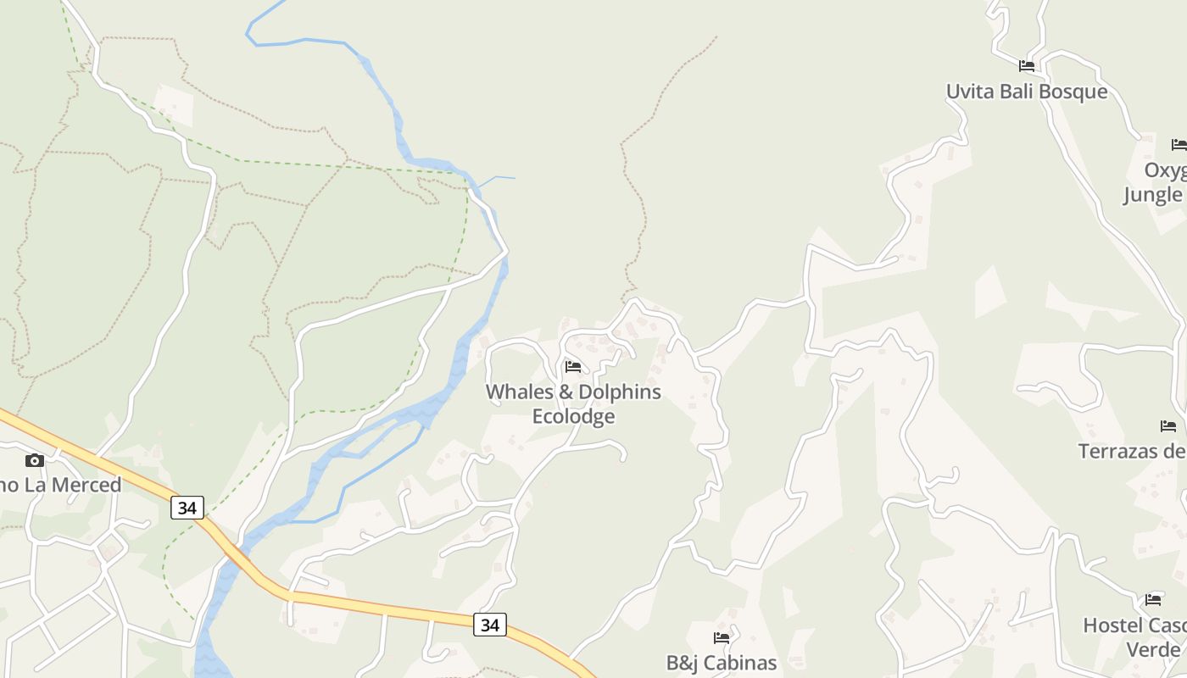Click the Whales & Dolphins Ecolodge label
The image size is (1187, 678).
click(573, 404)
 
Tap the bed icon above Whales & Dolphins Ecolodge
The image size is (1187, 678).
click(573, 367)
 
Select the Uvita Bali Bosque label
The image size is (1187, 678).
click(1027, 92)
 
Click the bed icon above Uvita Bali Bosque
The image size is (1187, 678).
click(1027, 66)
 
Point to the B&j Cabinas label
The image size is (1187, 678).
click(722, 663)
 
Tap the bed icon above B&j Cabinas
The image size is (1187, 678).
click(722, 637)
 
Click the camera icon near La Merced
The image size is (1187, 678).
click(35, 460)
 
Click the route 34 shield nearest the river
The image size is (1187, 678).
click(187, 508)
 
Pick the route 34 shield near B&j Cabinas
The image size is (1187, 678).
click(490, 625)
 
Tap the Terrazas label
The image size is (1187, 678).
click(1132, 451)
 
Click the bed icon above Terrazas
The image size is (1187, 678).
click(1168, 426)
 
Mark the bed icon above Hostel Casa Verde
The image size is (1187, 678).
click(1153, 600)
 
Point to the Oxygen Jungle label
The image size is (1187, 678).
click(1155, 183)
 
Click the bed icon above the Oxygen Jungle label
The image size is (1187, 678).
click(1179, 145)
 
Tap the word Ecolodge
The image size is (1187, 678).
click(573, 417)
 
